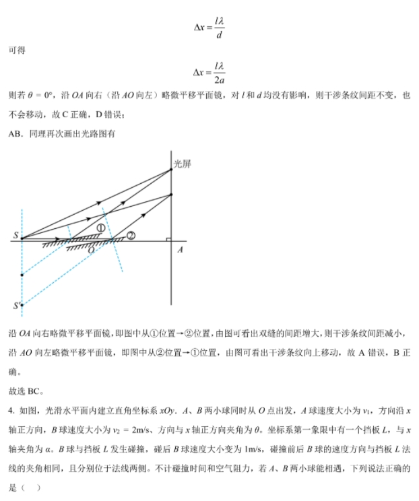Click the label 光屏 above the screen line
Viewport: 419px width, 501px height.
tap(183, 163)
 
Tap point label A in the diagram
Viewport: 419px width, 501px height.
tap(180, 250)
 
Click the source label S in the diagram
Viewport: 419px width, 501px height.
tap(14, 236)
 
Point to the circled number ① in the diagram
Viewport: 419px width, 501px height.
tap(101, 228)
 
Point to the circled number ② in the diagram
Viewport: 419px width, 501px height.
tap(131, 235)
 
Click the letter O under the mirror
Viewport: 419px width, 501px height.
tap(92, 248)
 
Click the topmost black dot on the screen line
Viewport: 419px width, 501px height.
tap(172, 170)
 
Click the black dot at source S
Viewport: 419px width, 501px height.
tap(22, 238)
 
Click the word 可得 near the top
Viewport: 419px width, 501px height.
tap(17, 51)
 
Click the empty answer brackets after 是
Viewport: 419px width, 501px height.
tap(30, 487)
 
